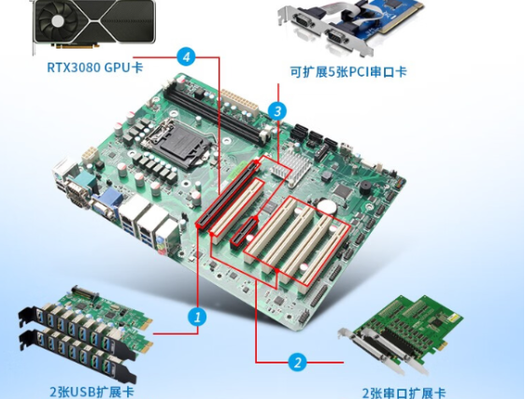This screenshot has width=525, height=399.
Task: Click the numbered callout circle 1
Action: click(x=197, y=317)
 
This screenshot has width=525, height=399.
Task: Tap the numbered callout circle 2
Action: click(x=297, y=362)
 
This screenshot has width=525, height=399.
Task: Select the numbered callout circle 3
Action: click(x=277, y=111)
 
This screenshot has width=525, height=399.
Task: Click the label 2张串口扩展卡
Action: click(x=404, y=392)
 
